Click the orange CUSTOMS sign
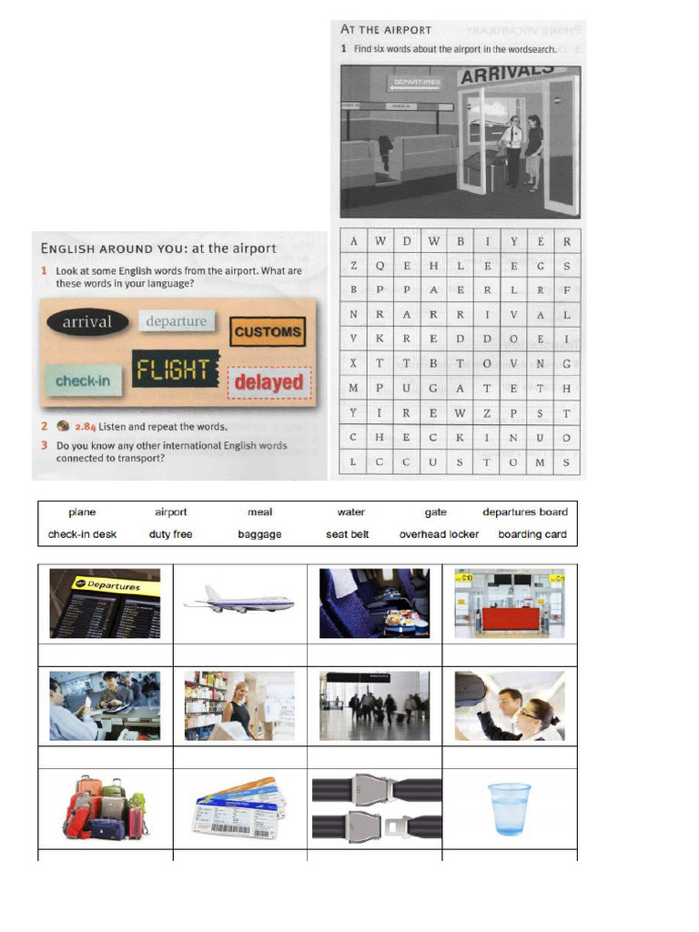[268, 332]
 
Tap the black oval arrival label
[87, 322]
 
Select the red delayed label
[268, 382]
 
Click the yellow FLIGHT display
[175, 370]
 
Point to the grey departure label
[177, 321]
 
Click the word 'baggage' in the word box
[259, 534]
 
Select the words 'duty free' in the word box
[170, 534]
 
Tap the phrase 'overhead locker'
[439, 534]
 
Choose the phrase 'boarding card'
[532, 534]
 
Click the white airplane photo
[238, 601]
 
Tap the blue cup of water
[509, 808]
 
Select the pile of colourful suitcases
[105, 806]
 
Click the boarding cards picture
[238, 807]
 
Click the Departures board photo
[105, 603]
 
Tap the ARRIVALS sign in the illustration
[497, 74]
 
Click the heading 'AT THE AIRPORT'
[386, 30]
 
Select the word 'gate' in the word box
[436, 512]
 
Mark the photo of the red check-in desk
[510, 603]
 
